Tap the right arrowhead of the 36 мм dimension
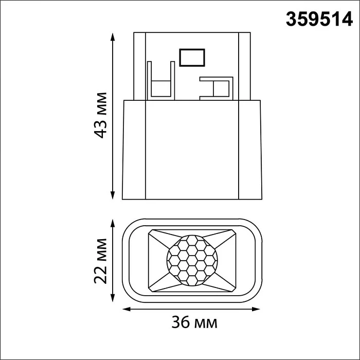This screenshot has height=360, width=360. tap(259, 310)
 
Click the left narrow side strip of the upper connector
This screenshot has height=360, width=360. tap(139, 66)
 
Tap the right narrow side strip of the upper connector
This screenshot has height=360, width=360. tap(245, 66)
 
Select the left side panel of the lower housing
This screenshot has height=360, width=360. tap(134, 149)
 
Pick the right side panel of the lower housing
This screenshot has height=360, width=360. tap(251, 149)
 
